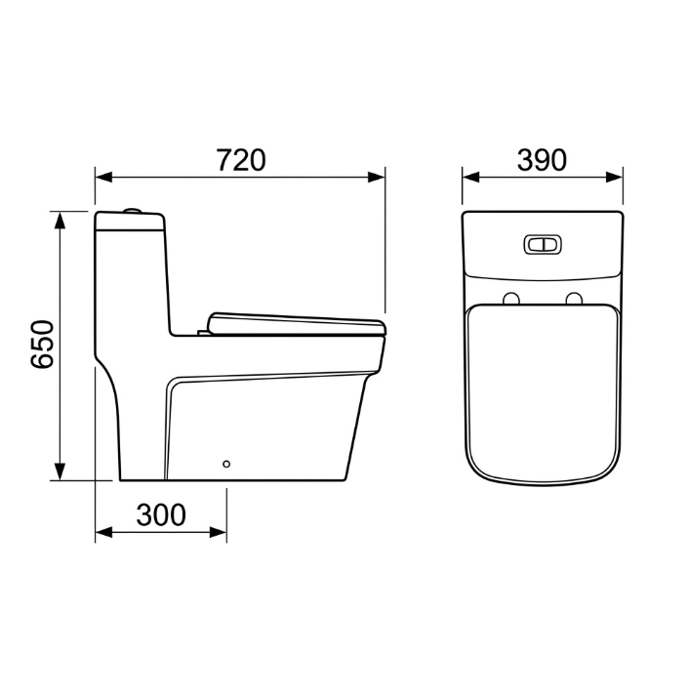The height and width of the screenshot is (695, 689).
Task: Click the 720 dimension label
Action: pos(241,160)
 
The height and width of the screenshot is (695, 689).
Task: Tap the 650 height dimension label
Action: pos(42,345)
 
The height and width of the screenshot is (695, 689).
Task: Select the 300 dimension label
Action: pos(161,514)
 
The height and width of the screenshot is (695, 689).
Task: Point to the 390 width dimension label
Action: pos(542,160)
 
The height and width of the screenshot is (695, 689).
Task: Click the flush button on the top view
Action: pos(543,244)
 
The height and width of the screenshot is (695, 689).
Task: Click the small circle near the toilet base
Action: pos(226,464)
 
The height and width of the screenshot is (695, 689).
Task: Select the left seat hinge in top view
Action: pos(511,299)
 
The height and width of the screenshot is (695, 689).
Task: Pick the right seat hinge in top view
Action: pos(574,299)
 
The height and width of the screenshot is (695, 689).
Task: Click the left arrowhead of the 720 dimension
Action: pos(103,178)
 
